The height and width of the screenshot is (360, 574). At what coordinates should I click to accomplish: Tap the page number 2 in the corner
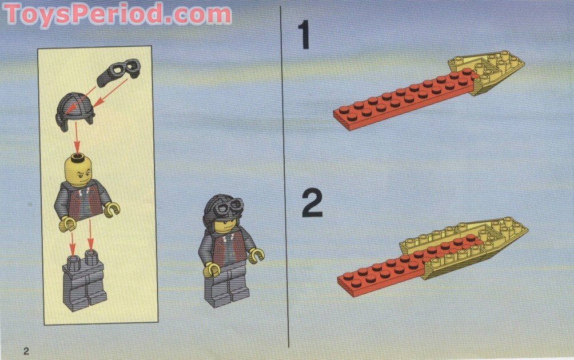tap(26, 349)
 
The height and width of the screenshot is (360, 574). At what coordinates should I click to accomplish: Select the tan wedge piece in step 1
tap(495, 71)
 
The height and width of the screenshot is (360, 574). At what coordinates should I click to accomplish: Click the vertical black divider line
tap(285, 171)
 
